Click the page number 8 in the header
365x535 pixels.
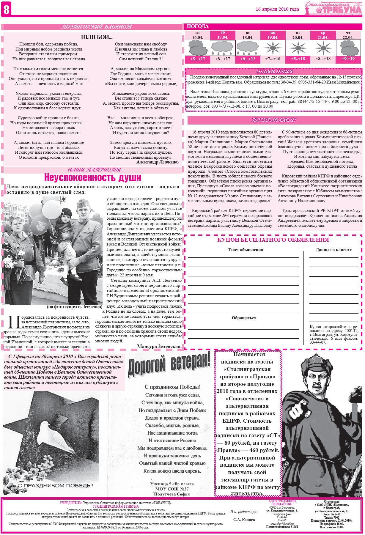pyautogui.click(x=6, y=10)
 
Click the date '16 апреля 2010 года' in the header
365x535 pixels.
pyautogui.click(x=277, y=9)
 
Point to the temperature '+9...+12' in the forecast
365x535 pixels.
pyautogui.click(x=248, y=59)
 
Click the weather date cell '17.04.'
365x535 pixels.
pyautogui.click(x=223, y=37)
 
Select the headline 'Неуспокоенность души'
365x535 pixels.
pyautogui.click(x=92, y=178)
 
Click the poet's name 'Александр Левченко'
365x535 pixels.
pyautogui.click(x=158, y=162)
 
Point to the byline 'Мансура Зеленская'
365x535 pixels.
pyautogui.click(x=159, y=346)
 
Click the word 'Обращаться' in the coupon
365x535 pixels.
pyautogui.click(x=244, y=318)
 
